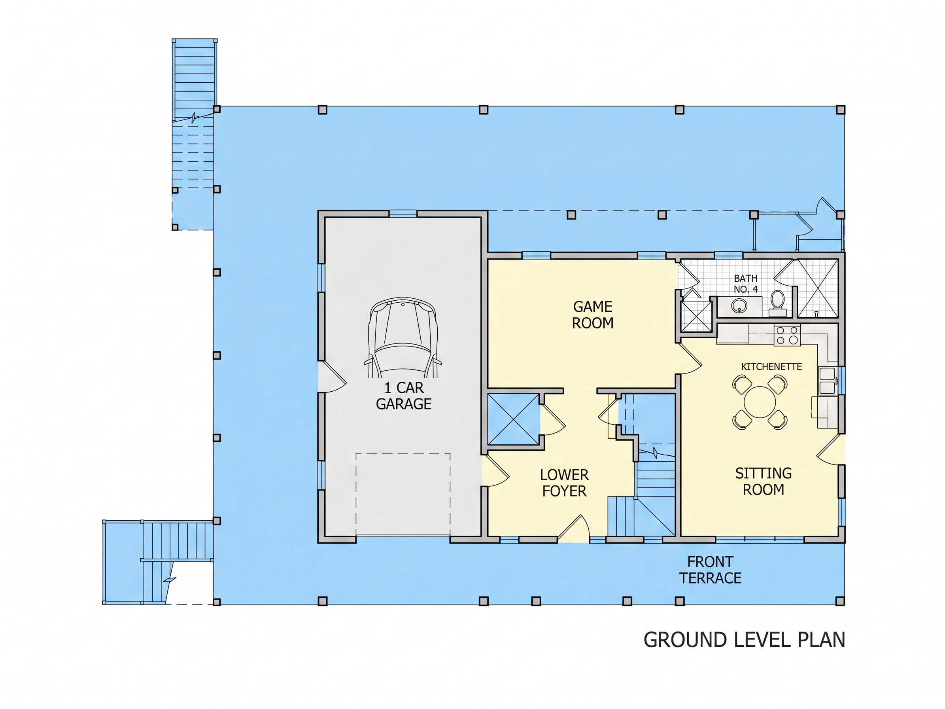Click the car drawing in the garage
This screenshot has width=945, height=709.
[403, 337]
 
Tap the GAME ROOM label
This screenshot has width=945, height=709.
[593, 315]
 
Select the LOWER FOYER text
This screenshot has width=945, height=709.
[564, 483]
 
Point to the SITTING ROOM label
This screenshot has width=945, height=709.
[764, 481]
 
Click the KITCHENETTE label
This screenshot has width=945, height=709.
[771, 367]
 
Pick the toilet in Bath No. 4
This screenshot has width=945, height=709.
[777, 303]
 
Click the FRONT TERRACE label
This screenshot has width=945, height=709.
[710, 570]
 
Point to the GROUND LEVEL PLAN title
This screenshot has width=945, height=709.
[744, 640]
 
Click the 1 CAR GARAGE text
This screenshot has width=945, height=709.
[404, 396]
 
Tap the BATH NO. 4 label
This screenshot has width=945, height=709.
[746, 284]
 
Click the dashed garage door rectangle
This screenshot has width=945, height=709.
[403, 494]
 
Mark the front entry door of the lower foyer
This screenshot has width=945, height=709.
[574, 528]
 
